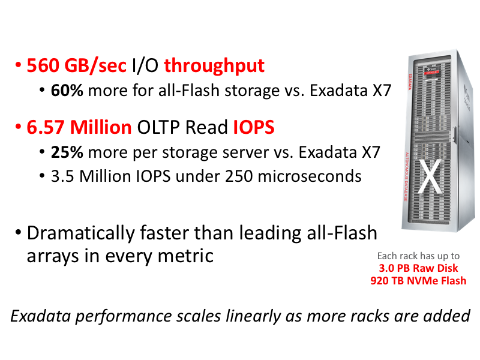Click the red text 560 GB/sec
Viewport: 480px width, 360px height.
click(x=77, y=65)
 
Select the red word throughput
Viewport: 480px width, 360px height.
click(x=214, y=65)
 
